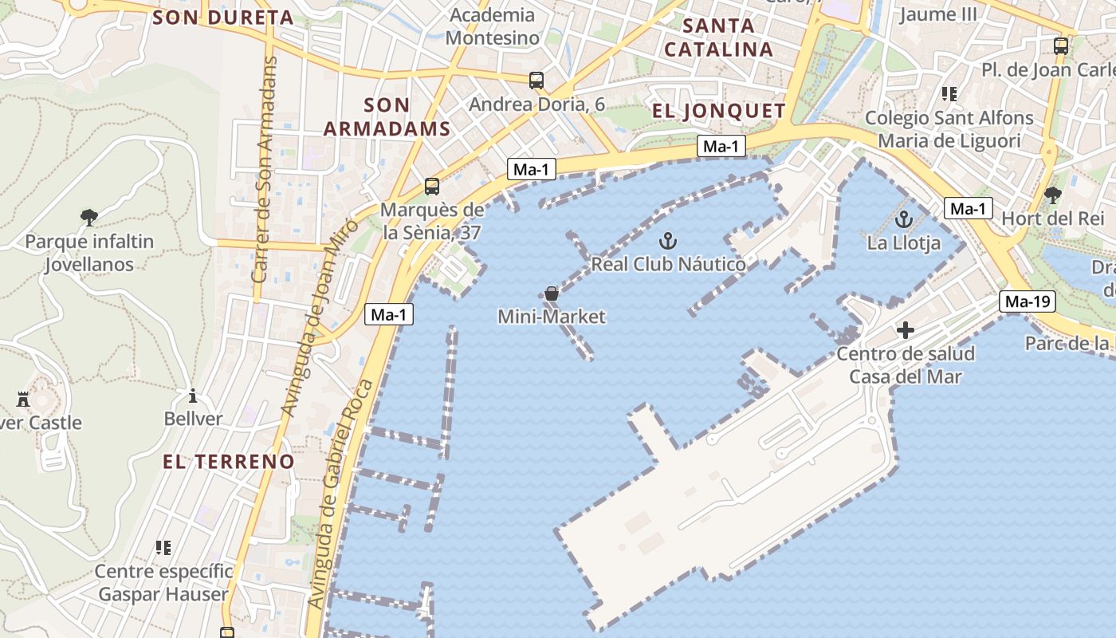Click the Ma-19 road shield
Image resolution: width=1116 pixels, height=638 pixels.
tap(1028, 301)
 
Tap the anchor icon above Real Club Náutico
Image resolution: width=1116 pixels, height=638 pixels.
tap(668, 240)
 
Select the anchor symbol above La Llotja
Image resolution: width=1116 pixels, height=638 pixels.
tap(904, 219)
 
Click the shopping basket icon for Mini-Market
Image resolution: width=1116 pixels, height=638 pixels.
tap(551, 293)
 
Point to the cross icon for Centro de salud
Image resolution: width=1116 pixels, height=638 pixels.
tap(906, 329)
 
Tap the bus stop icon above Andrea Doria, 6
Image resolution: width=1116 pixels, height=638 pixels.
tap(536, 80)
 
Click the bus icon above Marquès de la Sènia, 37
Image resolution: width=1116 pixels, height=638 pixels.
tap(432, 187)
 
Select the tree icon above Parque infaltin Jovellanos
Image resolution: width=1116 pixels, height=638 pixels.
tap(89, 216)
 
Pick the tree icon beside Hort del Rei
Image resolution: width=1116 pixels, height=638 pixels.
tap(1053, 195)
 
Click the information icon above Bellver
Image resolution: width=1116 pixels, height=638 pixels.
tap(192, 396)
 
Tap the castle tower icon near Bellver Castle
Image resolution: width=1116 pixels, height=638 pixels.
tap(23, 399)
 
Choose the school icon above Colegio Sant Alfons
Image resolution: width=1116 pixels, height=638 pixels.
tap(949, 94)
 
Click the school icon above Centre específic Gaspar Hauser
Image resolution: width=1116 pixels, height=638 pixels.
tap(163, 547)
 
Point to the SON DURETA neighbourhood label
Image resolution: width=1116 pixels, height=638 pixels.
tap(222, 18)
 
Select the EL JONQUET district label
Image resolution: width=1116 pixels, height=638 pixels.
tap(719, 111)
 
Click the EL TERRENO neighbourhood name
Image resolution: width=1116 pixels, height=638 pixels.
tap(229, 461)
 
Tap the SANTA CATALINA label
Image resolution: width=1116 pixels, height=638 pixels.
tap(719, 37)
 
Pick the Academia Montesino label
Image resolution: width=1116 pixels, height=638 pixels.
tap(493, 26)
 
